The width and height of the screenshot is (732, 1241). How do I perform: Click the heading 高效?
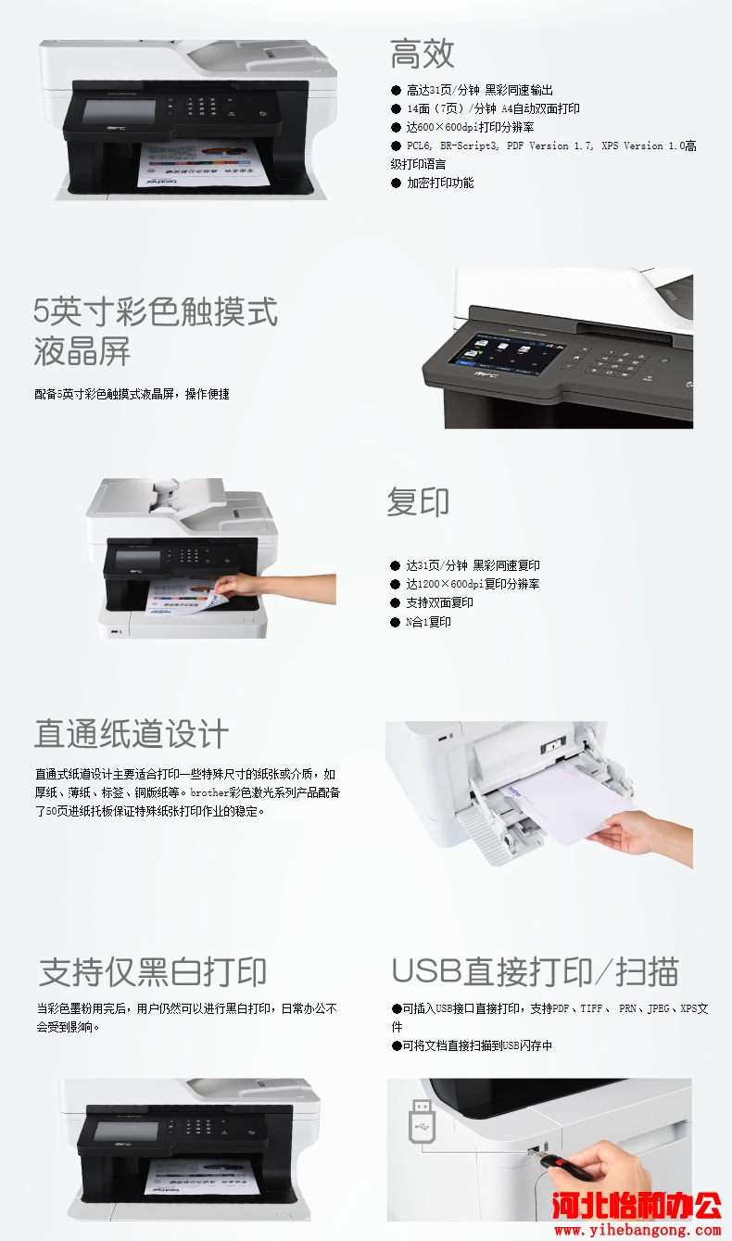(422, 54)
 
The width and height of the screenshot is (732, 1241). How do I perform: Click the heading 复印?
(418, 502)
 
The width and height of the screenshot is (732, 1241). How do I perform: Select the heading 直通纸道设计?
(132, 734)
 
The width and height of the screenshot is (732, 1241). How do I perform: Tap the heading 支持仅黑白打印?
(153, 971)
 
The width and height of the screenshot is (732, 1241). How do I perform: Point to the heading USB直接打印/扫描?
(535, 971)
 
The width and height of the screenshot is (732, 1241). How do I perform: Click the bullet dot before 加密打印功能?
(396, 183)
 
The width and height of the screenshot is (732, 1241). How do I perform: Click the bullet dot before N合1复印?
(395, 622)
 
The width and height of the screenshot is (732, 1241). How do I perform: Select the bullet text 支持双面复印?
(439, 602)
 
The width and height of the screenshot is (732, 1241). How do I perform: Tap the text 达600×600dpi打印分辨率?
(470, 127)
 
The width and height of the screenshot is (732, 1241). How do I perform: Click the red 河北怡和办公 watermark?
(637, 1208)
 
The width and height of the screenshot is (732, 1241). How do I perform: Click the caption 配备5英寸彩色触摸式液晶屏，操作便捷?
(132, 394)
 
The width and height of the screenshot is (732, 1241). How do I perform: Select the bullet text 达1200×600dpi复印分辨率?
(473, 584)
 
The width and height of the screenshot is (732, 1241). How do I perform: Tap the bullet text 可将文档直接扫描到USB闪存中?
(477, 1045)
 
